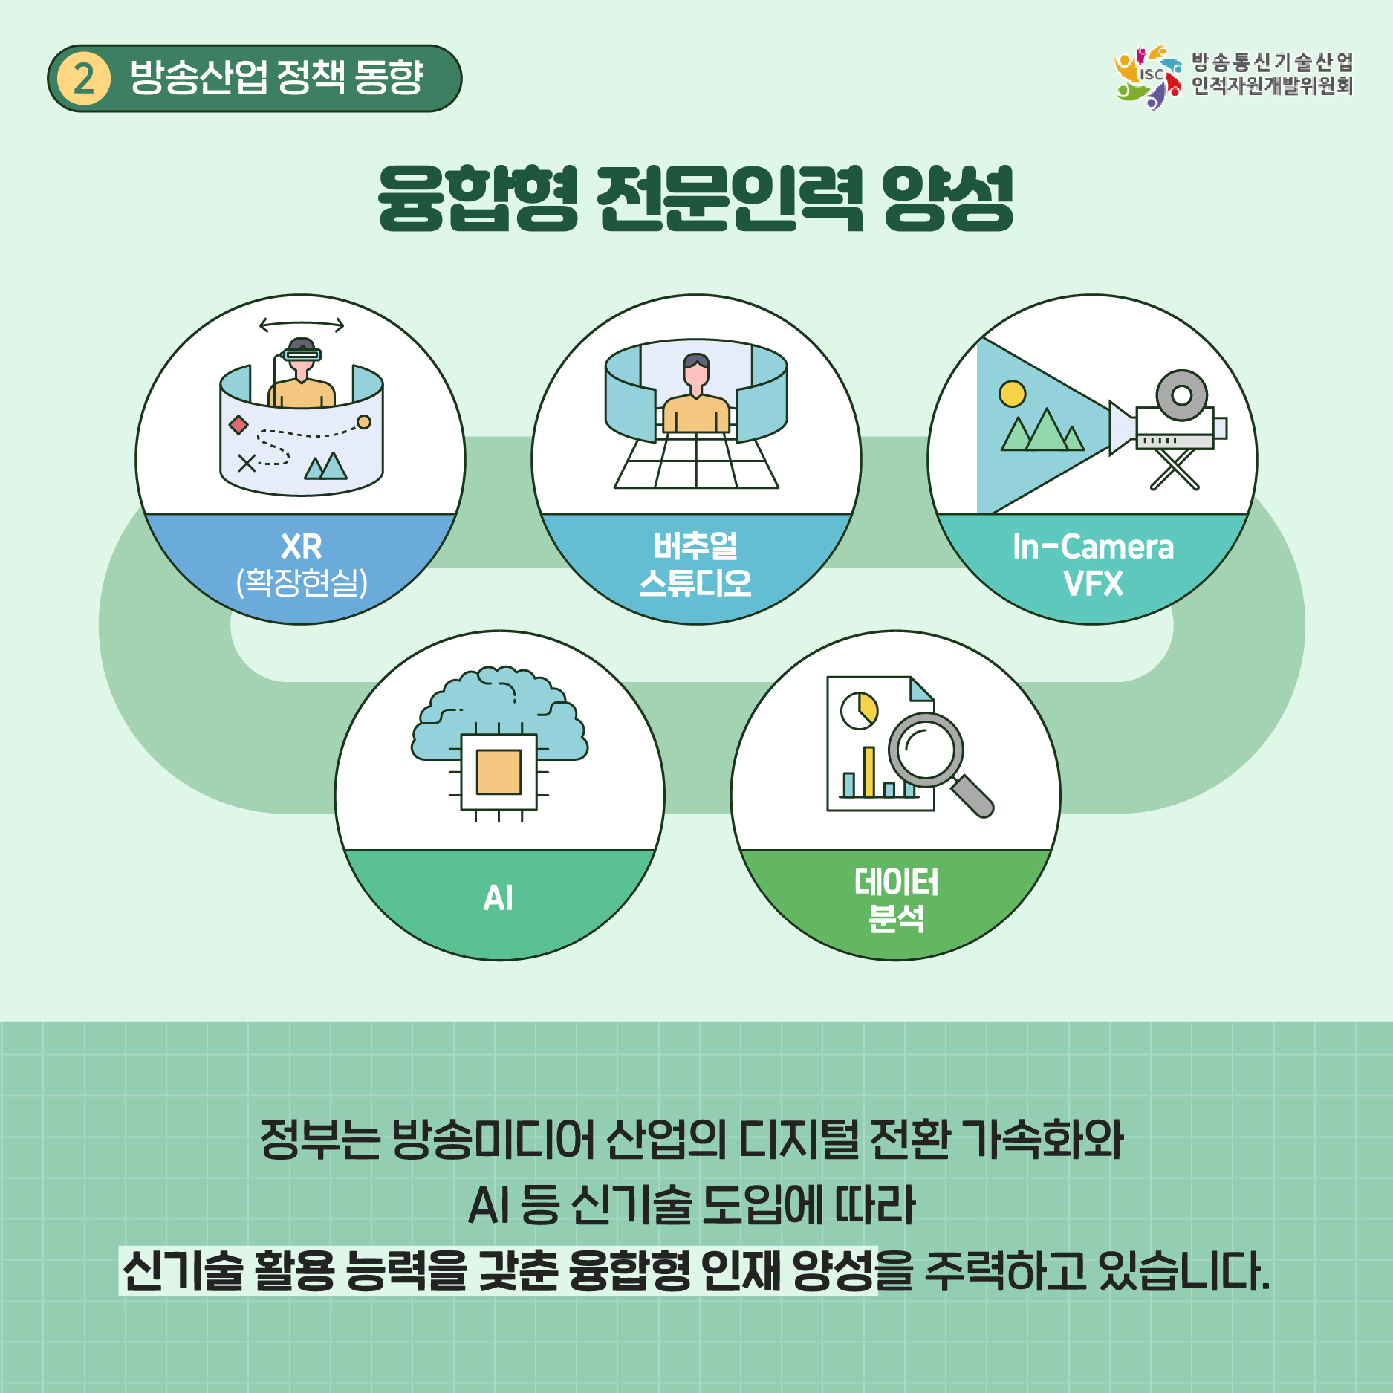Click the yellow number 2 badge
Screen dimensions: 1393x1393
pos(84,79)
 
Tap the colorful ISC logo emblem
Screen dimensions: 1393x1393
pos(1148,77)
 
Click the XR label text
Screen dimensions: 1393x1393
pos(302,547)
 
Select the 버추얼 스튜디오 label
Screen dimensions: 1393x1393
pos(696,565)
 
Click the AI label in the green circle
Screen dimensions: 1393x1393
pos(499,897)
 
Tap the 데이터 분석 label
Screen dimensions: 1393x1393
pos(897,900)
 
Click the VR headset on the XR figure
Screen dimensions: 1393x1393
pos(302,354)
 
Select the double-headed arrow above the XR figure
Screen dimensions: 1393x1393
pos(302,325)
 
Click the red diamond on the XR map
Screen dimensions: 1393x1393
pos(238,425)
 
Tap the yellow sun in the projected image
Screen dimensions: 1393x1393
pos(1012,394)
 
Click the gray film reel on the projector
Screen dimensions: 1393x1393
pos(1181,395)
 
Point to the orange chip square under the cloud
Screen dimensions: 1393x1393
pos(499,772)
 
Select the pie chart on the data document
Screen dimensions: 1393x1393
pos(860,710)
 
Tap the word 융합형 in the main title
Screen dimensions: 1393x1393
pos(478,198)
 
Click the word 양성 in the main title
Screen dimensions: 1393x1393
pos(948,198)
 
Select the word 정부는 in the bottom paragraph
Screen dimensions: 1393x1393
pos(319,1139)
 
